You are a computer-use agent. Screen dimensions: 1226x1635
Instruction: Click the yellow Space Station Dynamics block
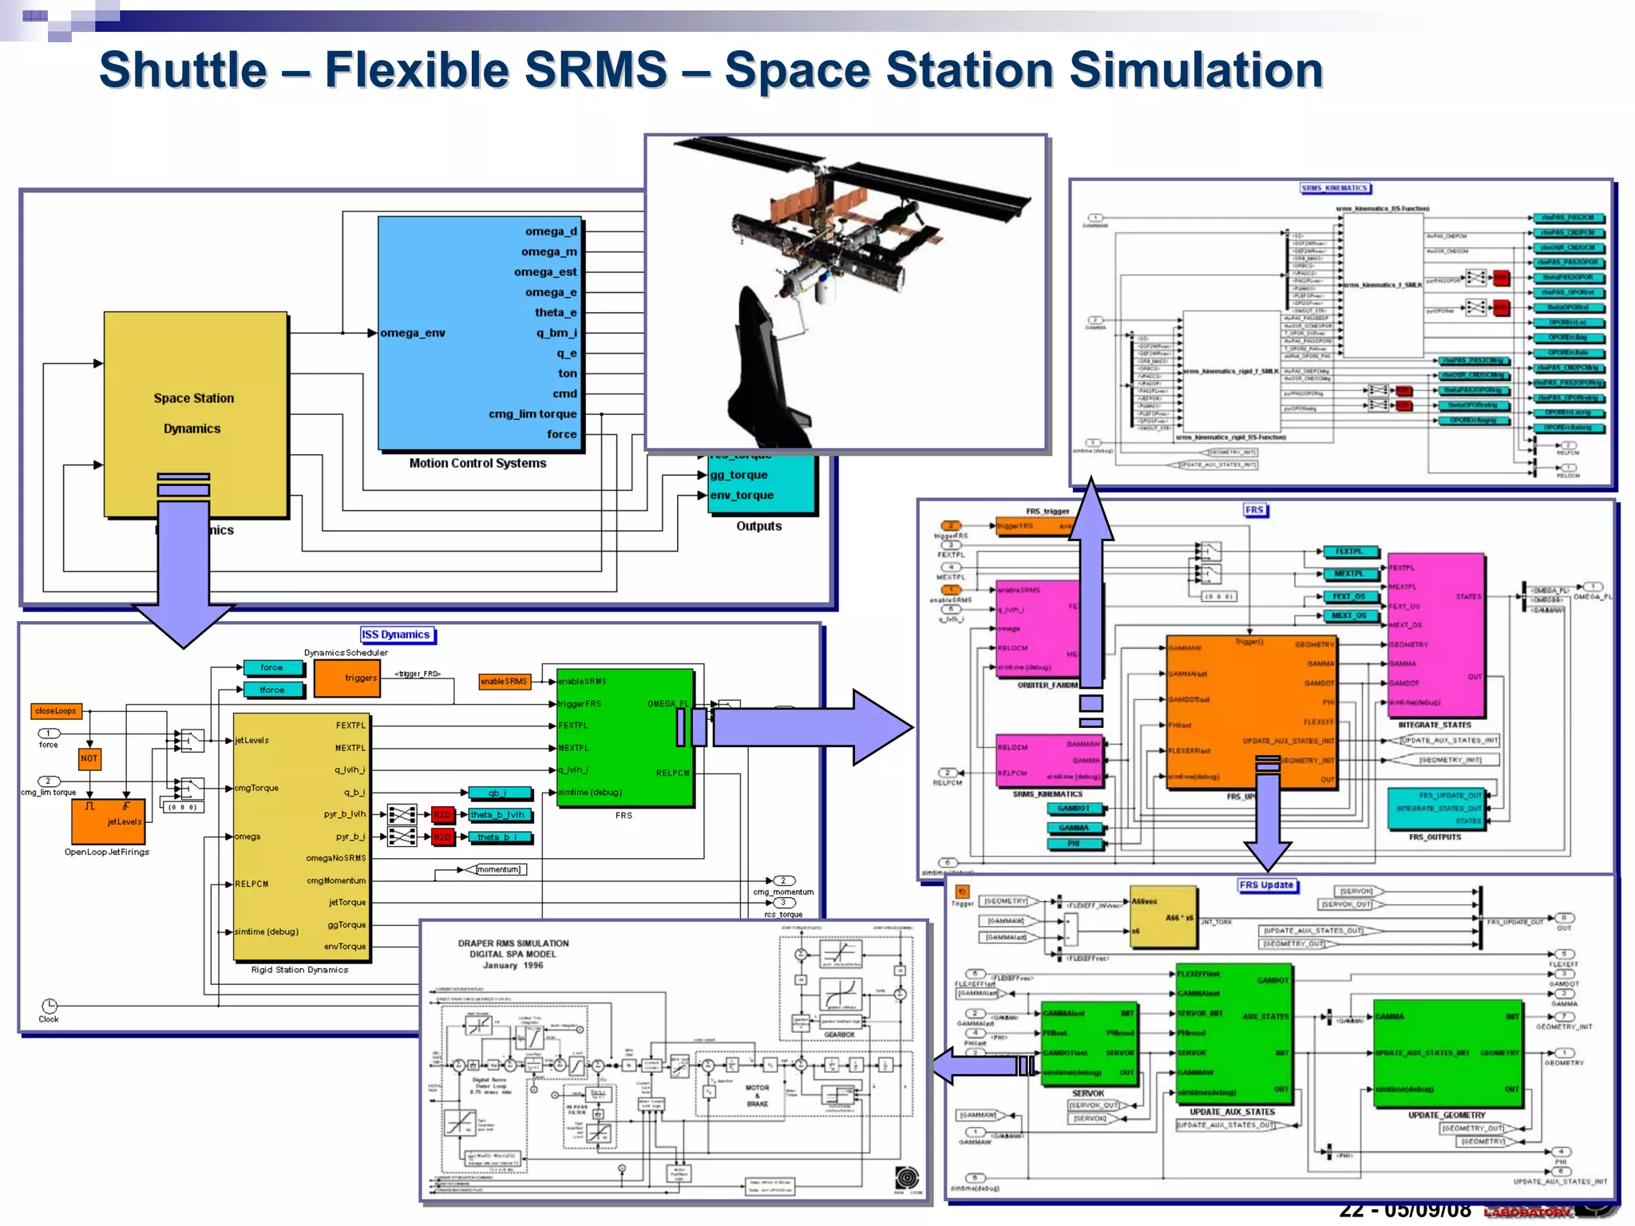[195, 413]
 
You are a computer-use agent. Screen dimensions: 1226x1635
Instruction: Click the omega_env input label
[413, 333]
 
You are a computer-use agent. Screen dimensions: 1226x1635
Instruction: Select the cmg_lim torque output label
[532, 413]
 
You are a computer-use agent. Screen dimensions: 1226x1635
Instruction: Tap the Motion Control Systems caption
[477, 463]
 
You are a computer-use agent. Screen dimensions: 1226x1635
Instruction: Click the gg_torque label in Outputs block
[738, 475]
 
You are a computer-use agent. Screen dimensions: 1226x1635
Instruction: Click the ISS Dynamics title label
[396, 635]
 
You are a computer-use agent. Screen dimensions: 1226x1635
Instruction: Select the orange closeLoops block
[56, 710]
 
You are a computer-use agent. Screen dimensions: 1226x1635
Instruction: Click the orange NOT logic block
[89, 758]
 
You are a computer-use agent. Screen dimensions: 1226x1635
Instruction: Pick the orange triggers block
[346, 678]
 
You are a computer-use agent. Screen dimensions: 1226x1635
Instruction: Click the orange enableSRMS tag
[504, 681]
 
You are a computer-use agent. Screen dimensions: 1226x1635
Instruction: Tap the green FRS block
[624, 738]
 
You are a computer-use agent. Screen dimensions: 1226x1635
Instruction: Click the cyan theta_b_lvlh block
[498, 815]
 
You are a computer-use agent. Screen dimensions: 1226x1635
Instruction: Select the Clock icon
[49, 1006]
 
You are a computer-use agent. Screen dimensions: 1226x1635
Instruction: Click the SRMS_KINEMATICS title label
[1335, 188]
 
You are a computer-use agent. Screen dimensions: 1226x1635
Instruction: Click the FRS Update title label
[1267, 885]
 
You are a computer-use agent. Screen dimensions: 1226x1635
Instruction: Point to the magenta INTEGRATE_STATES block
[1435, 635]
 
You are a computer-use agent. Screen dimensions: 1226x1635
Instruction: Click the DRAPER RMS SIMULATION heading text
[513, 943]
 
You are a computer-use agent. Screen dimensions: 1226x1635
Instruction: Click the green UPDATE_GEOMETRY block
[1447, 1053]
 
